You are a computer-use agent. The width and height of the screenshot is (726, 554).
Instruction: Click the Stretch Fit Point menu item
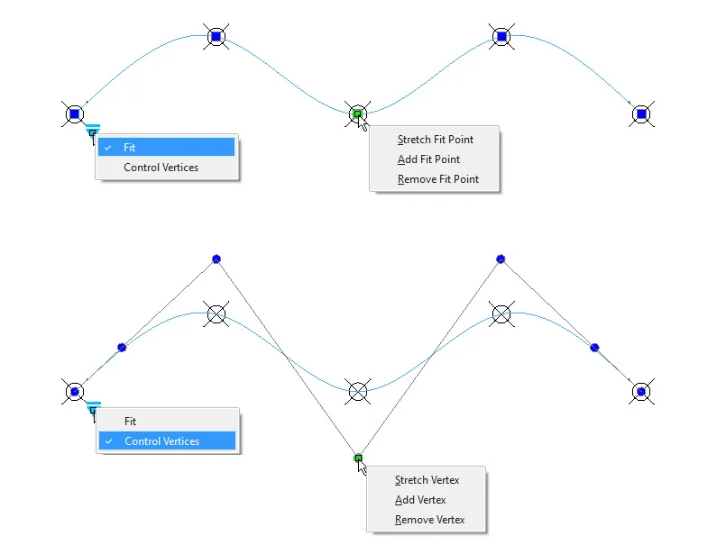(435, 140)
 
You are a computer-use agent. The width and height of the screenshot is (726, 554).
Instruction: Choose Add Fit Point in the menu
(428, 159)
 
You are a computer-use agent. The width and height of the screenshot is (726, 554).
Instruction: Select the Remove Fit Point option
(437, 179)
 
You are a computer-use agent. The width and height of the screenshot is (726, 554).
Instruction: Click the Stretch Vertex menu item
(426, 480)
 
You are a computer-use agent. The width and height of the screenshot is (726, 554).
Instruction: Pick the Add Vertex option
(420, 500)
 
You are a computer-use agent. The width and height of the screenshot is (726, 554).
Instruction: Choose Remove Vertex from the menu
(429, 520)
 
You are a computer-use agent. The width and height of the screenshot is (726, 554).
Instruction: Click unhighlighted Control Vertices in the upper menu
(161, 168)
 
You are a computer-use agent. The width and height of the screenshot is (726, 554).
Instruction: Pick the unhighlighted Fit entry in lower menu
(131, 422)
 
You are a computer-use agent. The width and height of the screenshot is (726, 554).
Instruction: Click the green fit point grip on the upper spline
(358, 114)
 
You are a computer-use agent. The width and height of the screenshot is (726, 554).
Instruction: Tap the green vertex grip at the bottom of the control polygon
(358, 459)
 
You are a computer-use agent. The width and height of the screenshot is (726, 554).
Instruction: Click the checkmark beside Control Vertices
(108, 441)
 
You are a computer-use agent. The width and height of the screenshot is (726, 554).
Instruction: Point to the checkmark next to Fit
(108, 147)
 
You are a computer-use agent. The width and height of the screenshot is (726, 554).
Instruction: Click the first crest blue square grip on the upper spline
(216, 37)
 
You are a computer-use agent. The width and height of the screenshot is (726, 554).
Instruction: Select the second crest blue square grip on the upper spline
(501, 37)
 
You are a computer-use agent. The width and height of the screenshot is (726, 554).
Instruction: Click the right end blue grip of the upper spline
(640, 114)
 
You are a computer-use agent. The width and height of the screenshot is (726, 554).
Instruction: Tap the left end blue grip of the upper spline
(75, 114)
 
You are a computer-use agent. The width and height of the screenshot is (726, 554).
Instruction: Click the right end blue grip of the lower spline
(640, 391)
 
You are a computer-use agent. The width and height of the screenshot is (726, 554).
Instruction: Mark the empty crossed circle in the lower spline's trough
(358, 391)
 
